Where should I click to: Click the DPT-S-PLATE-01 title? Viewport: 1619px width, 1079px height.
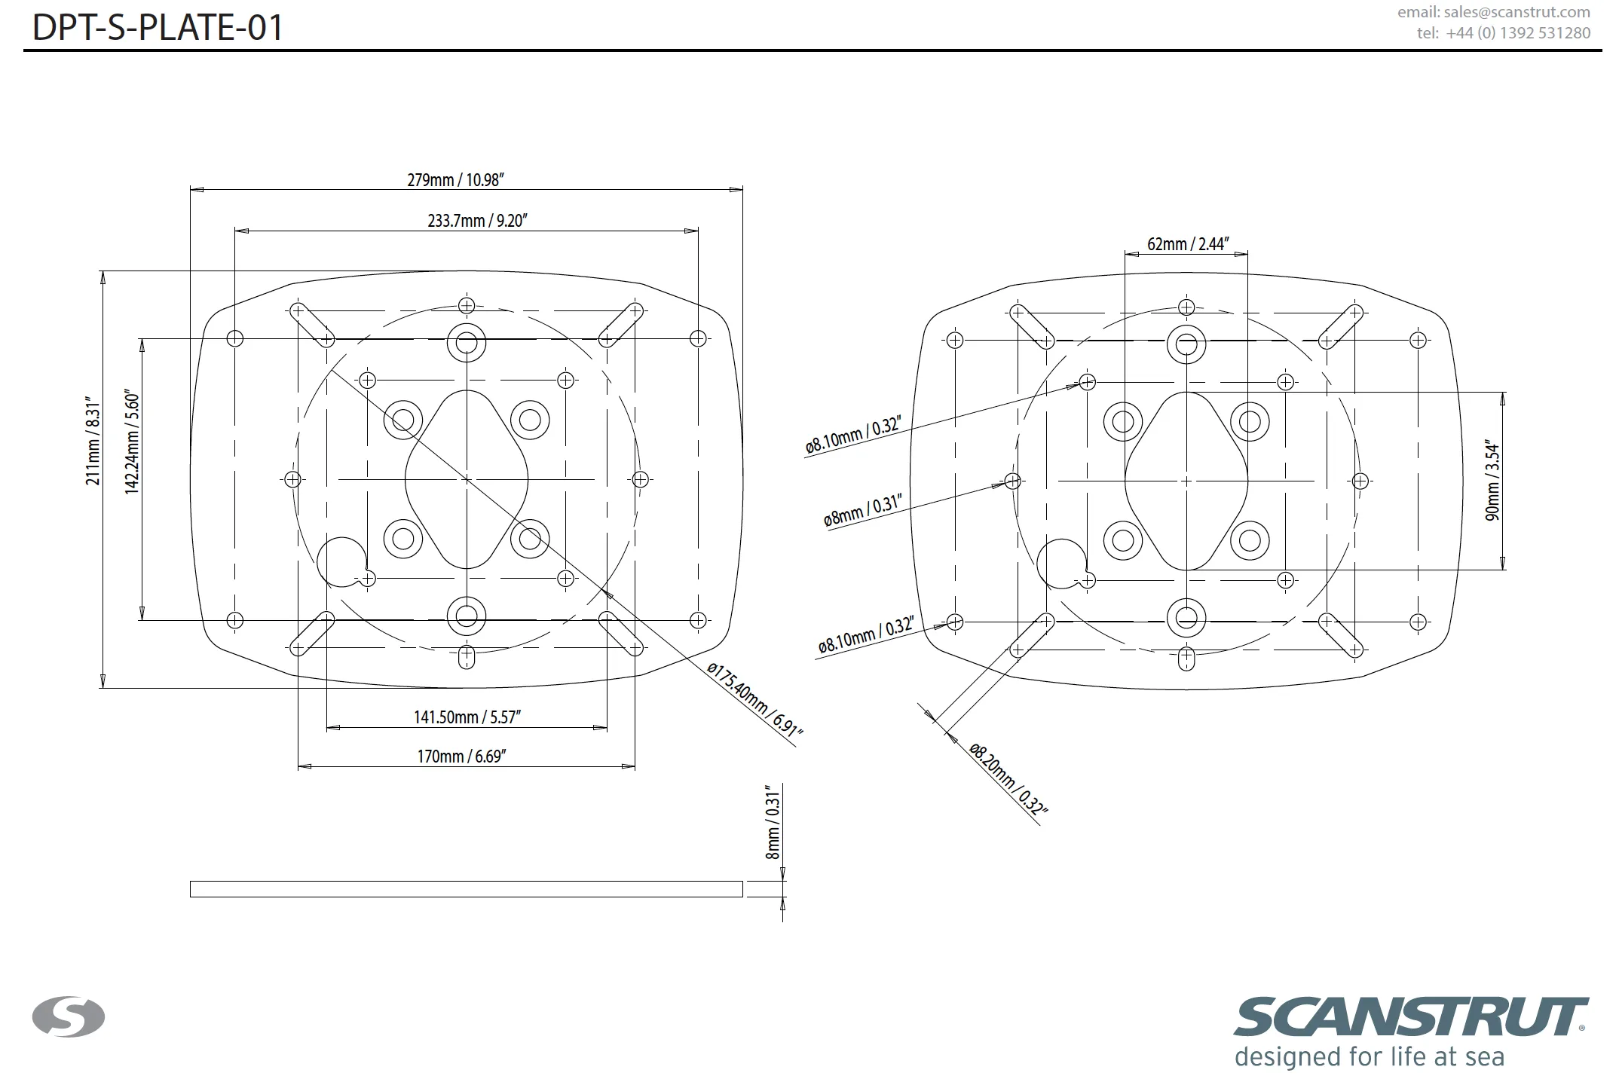158,27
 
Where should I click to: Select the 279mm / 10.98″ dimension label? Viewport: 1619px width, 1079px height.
455,180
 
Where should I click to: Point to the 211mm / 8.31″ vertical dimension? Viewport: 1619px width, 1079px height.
93,441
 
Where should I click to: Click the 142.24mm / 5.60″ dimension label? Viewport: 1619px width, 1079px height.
132,442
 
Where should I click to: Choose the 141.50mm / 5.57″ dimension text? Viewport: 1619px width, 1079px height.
467,717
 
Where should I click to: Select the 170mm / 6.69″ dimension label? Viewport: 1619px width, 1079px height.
462,756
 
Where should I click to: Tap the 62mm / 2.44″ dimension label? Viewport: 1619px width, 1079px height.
1188,244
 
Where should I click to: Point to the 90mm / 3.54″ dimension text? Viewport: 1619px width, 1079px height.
1493,480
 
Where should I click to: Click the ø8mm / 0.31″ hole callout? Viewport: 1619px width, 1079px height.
863,510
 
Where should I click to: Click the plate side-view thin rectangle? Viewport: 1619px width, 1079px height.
466,889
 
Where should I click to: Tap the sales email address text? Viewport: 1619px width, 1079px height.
1494,12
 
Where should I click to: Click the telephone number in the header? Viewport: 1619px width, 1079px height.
1504,33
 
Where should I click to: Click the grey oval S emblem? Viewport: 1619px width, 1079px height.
69,1017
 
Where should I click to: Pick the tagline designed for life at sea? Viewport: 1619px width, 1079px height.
1369,1056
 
